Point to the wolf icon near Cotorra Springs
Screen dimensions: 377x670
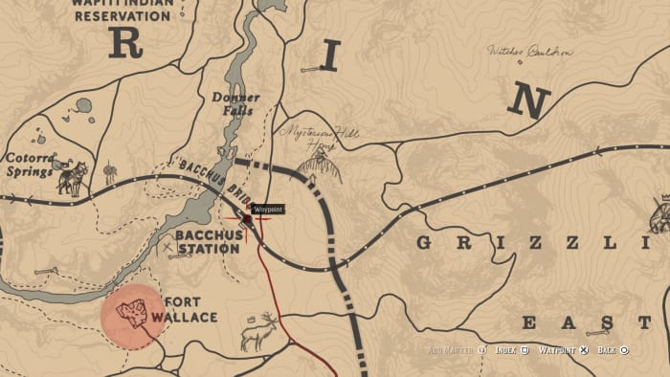click(72, 179)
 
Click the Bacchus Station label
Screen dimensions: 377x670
click(207, 242)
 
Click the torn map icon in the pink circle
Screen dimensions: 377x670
click(132, 314)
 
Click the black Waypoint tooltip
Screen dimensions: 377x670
click(267, 208)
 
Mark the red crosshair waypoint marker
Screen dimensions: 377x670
click(247, 221)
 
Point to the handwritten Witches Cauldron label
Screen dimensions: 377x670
click(529, 51)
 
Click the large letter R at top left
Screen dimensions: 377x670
click(125, 43)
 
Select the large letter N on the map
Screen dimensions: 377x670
click(528, 99)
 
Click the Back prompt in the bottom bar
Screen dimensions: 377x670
click(613, 350)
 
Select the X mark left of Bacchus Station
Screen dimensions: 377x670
click(169, 248)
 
